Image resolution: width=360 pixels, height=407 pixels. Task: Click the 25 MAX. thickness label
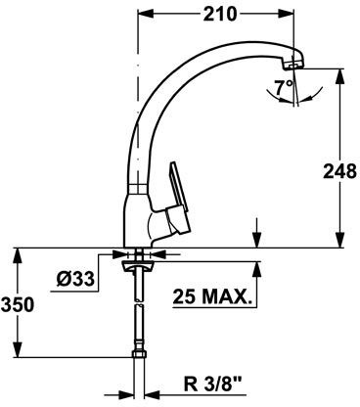pyautogui.click(x=211, y=295)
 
